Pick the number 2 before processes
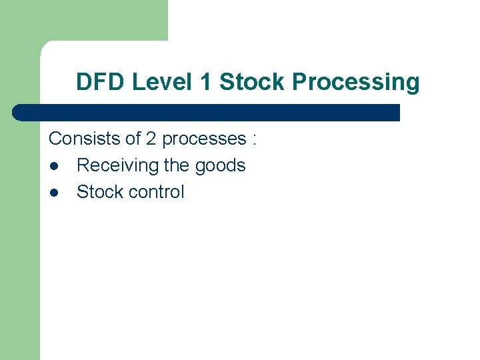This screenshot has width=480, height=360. click(151, 139)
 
